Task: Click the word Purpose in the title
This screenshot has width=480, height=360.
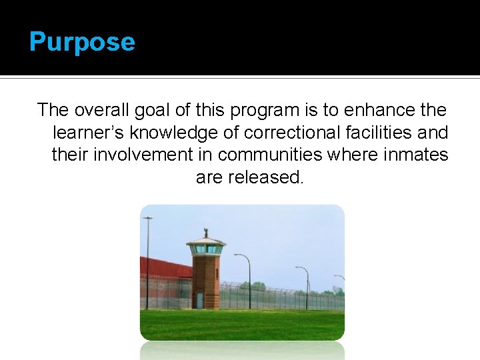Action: pos(82,42)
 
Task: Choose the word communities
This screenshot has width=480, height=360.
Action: pos(271,155)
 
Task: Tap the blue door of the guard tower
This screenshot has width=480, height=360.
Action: pos(199,301)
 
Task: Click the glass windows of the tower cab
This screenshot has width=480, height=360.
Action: pos(205,249)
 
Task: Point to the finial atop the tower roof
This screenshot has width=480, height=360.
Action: pos(205,233)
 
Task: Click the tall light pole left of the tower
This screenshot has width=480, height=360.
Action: pos(147,260)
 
